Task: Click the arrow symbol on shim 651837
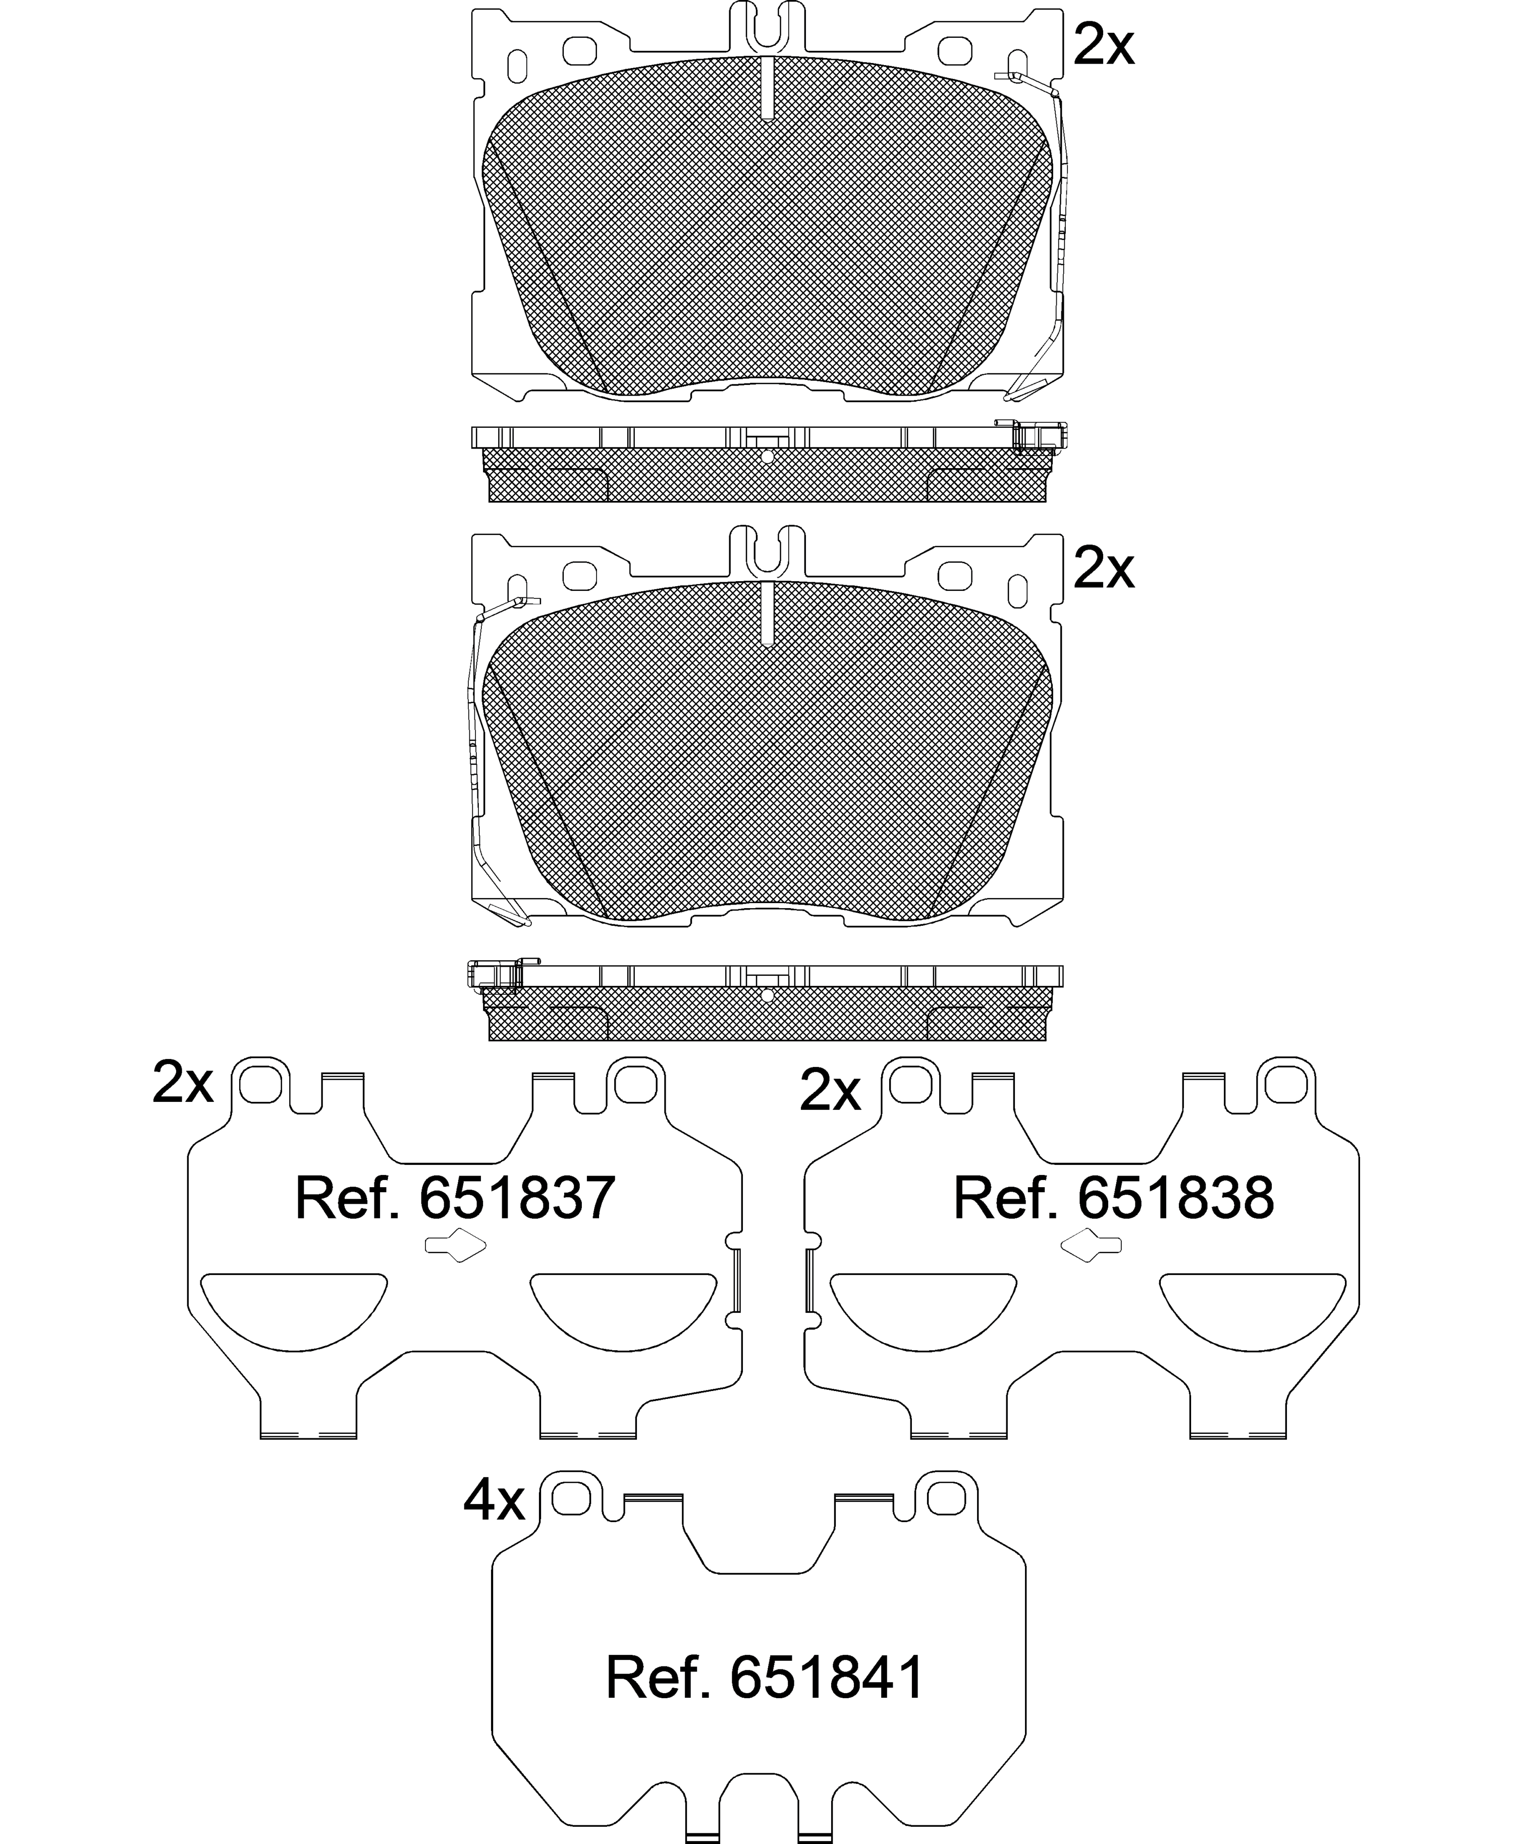pyautogui.click(x=455, y=1245)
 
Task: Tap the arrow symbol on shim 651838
pyautogui.click(x=1090, y=1245)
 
